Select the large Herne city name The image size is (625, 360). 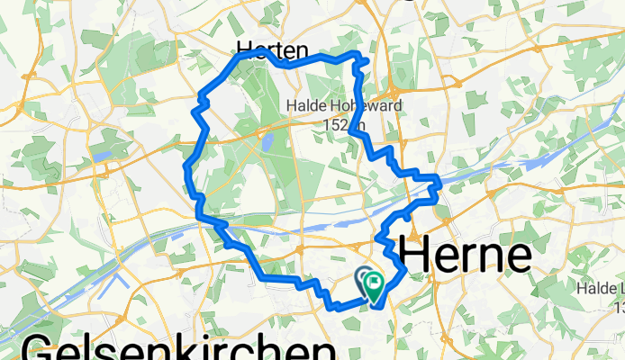tap(465, 256)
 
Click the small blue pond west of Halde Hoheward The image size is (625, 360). tap(267, 142)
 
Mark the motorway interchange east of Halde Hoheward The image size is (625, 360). tap(394, 91)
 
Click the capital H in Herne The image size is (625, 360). tap(414, 256)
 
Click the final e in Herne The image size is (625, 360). tap(517, 258)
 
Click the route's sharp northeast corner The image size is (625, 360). tap(367, 60)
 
